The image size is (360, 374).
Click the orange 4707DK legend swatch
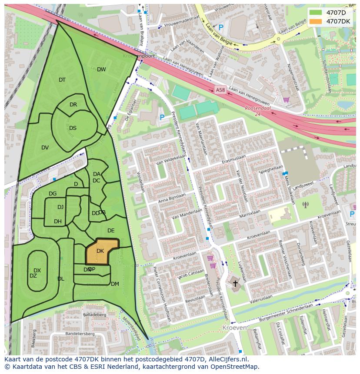pos(316,21)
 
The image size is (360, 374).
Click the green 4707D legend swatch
pos(316,13)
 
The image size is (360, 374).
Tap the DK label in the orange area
pos(100,251)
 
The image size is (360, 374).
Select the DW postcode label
pos(101,70)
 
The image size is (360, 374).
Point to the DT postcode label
pos(62,80)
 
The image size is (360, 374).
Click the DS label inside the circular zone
pos(73,128)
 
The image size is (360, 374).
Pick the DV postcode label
pos(45,148)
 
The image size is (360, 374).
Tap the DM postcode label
pos(115,284)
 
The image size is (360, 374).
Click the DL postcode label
pos(60,279)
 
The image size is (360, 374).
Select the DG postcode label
pos(53,194)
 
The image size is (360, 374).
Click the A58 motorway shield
pos(220,90)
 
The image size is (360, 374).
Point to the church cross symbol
pos(235,284)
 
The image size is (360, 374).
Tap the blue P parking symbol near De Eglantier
pos(162,117)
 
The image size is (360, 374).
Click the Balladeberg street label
pos(95,314)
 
